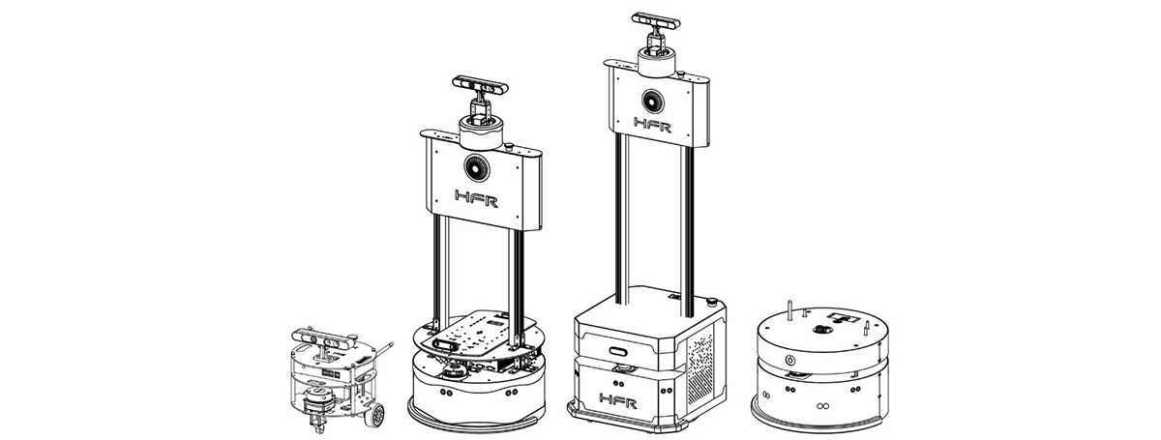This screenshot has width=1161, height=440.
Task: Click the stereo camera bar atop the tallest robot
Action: coord(656,22)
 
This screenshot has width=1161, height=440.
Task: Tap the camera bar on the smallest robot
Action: coord(323,338)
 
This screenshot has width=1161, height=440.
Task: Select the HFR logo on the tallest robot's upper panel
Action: coord(652,125)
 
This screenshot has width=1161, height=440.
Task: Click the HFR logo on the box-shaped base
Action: coord(618,400)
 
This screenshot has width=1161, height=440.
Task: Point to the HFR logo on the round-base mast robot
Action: coord(476,198)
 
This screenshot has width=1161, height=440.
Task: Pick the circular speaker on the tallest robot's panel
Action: coord(652,103)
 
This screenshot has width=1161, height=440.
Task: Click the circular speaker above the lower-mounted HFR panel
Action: coord(477,167)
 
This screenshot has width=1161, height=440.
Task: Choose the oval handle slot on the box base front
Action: coord(619,351)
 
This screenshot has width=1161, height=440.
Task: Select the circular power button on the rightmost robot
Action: coord(789,360)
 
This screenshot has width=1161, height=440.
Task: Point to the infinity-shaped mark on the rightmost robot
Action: coord(820,406)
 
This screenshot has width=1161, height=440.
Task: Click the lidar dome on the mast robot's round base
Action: coord(454,371)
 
